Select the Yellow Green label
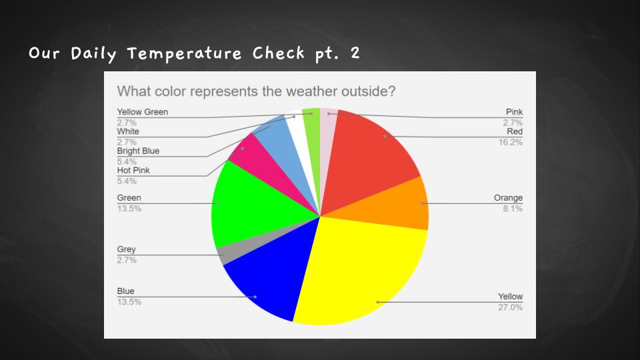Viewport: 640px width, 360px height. click(143, 112)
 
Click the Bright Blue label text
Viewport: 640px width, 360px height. click(138, 151)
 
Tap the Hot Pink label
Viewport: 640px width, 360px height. click(133, 170)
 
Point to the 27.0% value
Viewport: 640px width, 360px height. click(510, 307)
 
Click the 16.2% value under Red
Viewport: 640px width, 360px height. click(510, 142)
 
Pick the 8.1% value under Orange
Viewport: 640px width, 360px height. click(513, 209)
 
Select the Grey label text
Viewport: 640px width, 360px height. click(126, 249)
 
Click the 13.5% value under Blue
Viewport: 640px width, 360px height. click(129, 302)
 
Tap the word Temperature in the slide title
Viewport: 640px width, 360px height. click(185, 53)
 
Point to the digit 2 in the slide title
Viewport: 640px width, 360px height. click(355, 53)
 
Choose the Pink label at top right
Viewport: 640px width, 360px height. click(514, 112)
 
